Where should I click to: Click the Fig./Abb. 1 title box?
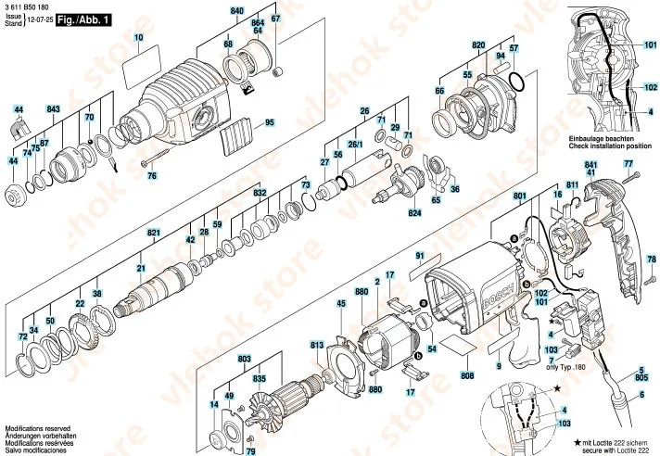click(x=82, y=18)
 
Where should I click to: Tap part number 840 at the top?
click(x=236, y=9)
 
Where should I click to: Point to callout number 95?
click(x=270, y=122)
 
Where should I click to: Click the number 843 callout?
click(x=53, y=109)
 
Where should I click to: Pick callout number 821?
click(x=154, y=232)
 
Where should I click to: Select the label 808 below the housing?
click(x=467, y=375)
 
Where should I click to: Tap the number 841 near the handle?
click(x=590, y=163)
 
